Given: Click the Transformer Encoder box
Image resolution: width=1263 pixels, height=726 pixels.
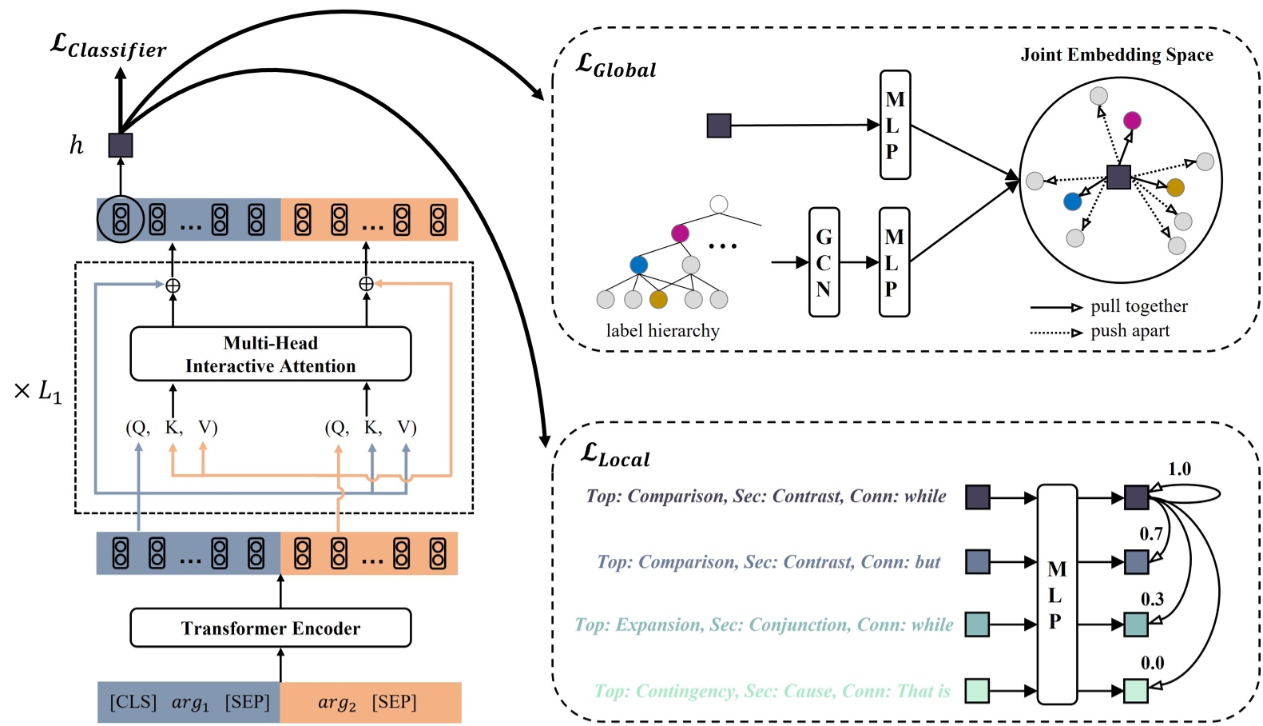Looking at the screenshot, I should pos(270,628).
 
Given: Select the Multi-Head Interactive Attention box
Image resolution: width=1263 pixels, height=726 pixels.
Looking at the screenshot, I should pos(270,353).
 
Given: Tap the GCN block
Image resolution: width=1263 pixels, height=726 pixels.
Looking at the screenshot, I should pos(824,262).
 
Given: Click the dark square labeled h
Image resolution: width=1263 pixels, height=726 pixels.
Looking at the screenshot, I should pos(121,145).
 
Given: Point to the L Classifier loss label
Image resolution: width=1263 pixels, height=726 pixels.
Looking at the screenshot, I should pos(108,46).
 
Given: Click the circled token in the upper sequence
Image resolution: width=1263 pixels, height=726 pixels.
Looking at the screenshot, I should pos(121,219).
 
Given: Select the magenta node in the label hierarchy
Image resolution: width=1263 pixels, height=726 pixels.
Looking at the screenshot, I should pos(680,233).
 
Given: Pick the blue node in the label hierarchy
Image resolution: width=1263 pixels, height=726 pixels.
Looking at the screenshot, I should pos(638,265).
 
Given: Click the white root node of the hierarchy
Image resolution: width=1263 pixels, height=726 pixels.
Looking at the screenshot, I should pos(718,204).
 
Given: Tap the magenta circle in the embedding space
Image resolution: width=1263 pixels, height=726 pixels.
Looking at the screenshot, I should pos(1132,121).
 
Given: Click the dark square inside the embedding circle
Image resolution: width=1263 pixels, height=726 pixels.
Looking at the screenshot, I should pos(1118,177).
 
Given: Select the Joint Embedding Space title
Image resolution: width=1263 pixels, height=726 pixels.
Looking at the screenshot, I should pos(1116,54).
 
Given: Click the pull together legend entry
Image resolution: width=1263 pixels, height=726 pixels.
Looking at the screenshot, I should pos(1138,306).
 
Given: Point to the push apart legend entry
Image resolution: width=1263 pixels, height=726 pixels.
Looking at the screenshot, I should pos(1129,331).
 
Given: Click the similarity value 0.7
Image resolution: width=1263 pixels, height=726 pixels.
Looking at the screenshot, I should pos(1150,533).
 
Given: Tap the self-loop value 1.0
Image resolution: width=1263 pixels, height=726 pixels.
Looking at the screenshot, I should pos(1179,469).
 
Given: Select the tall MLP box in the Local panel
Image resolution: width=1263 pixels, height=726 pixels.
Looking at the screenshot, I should pos(1056,594).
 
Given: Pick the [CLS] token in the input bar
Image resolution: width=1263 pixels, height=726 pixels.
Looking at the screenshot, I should pos(133,702).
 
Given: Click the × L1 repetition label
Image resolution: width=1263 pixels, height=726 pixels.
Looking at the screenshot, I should pos(38,391).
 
